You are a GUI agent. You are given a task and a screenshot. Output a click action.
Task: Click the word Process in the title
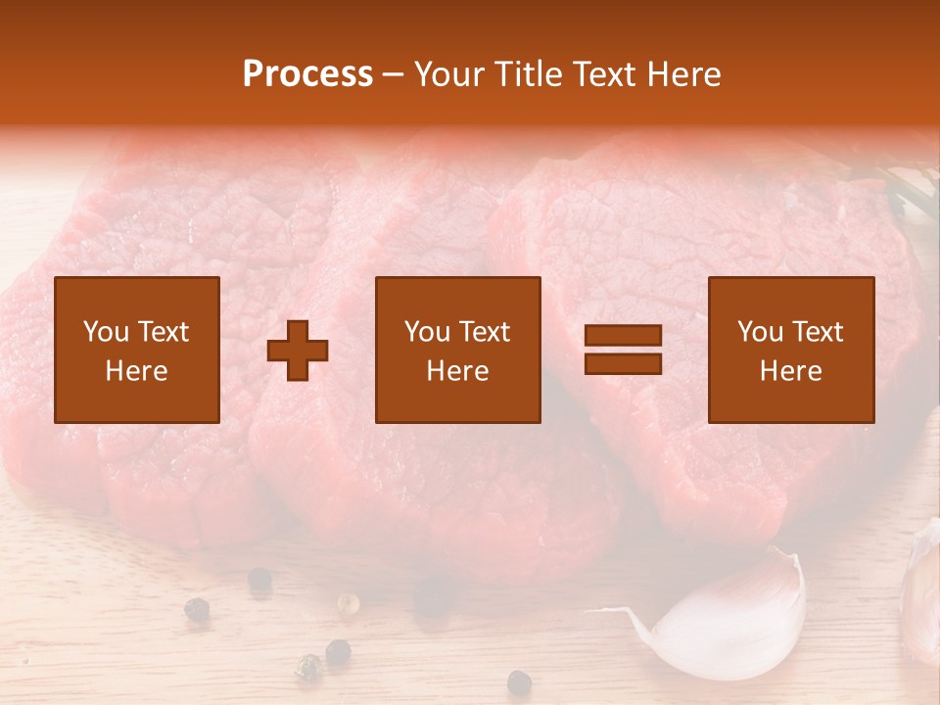[307, 74]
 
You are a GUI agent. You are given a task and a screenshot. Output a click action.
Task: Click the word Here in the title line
[685, 74]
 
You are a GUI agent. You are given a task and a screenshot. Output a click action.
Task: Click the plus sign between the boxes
[298, 351]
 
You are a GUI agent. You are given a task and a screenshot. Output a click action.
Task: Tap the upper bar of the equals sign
[623, 335]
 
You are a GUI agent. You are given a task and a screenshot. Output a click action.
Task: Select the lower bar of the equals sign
[623, 363]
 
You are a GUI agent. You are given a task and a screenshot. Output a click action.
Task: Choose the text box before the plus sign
[137, 350]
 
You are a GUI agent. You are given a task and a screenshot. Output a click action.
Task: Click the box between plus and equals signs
[458, 350]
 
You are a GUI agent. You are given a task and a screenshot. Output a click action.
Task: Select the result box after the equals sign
[791, 350]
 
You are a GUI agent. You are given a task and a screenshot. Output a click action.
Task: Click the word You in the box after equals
[760, 332]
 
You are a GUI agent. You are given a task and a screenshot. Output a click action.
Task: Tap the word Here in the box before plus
[137, 371]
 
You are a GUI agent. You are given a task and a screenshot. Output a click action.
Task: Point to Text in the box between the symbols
[486, 332]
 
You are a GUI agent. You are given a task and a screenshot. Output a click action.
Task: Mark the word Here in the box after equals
[791, 371]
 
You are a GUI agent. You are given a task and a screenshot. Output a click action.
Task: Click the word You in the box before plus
[106, 332]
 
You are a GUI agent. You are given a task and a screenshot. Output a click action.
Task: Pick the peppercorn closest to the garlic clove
[519, 681]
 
